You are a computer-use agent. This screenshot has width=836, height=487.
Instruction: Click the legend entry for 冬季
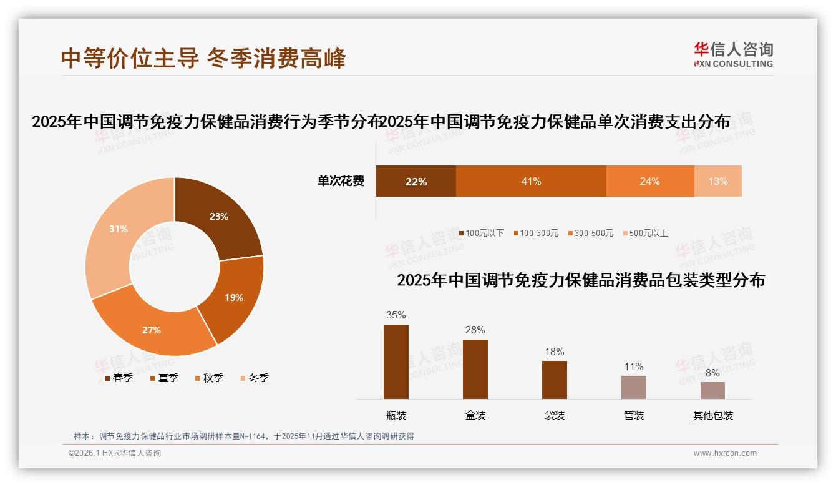point(255,378)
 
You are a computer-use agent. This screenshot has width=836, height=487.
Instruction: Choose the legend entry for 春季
point(119,378)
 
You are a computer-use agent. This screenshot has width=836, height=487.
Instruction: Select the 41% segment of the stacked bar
point(531,181)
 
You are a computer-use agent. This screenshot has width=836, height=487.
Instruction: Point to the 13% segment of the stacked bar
point(717,181)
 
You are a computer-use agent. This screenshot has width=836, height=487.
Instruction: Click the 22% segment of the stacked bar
point(416,181)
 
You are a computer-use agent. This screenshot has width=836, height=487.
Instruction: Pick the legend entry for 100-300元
point(536,233)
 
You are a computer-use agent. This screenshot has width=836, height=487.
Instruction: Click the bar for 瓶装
point(396,362)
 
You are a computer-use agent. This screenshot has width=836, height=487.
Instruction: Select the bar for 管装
point(634,387)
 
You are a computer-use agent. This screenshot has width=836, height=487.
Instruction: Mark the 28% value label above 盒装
point(475,330)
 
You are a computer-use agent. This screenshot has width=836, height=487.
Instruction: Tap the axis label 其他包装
point(713,415)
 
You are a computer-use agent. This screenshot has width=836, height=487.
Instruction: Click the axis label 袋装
point(555,415)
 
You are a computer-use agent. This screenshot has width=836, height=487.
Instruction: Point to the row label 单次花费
point(341,181)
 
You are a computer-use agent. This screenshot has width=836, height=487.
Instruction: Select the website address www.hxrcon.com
point(725,453)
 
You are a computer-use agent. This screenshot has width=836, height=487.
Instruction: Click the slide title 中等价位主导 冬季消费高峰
point(203,58)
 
